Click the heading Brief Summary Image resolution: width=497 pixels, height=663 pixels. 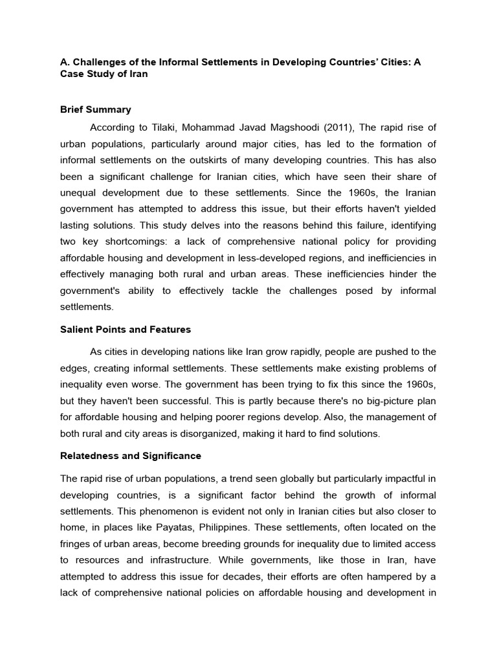(95, 109)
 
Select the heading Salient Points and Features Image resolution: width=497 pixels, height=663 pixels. (125, 330)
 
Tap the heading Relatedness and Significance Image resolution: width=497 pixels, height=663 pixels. (130, 456)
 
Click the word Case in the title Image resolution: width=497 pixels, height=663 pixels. (72, 74)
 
